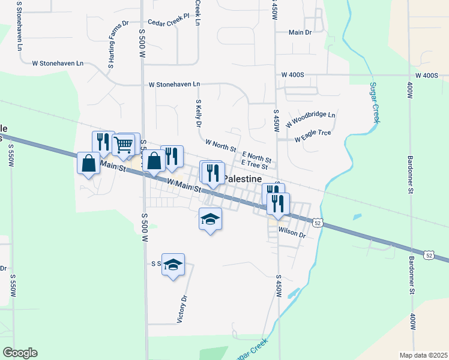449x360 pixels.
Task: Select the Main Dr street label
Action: [300, 32]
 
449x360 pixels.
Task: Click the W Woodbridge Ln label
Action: [310, 119]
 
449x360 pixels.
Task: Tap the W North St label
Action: [220, 145]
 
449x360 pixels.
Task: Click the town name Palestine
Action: [243, 179]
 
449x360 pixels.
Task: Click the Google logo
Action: [20, 353]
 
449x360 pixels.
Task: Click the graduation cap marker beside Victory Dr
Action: [173, 265]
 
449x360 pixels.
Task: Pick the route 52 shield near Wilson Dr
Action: [318, 223]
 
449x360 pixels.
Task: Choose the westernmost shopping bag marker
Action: [89, 163]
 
